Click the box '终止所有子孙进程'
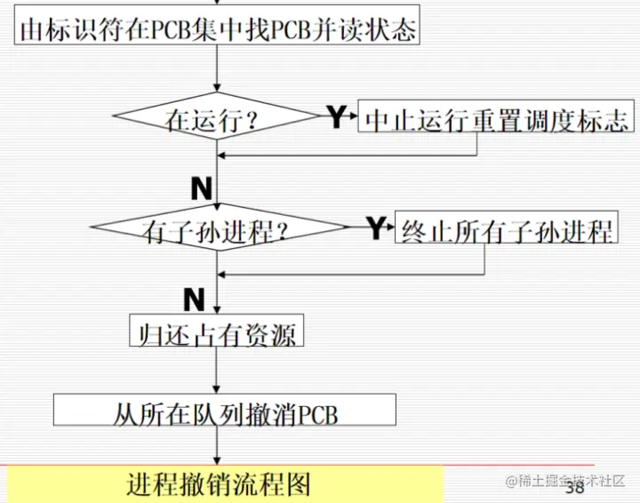(x=506, y=231)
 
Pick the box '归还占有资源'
(x=217, y=332)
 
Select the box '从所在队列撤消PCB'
(x=225, y=413)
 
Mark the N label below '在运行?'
(x=201, y=188)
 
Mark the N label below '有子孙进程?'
(x=194, y=297)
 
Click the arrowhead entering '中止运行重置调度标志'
(x=353, y=118)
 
